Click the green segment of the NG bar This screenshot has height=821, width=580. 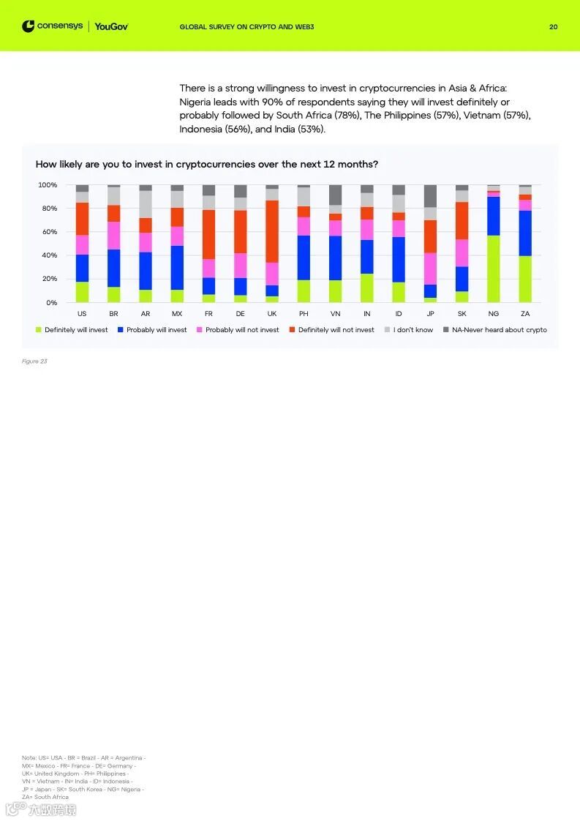point(494,269)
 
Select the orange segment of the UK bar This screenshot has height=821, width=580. point(272,231)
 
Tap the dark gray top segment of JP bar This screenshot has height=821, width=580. point(430,195)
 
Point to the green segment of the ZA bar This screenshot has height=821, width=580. point(525,279)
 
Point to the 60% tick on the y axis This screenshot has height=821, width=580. point(48,232)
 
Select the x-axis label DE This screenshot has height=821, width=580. point(240,314)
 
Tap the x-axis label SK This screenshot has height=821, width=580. point(462,314)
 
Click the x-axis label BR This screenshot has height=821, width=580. point(113,314)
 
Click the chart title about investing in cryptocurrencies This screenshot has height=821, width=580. point(207,164)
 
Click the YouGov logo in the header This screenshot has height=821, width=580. point(111,27)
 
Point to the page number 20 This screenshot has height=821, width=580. point(553,27)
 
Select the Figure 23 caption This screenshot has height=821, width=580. point(34,361)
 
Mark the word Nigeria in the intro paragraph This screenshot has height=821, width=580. point(196,102)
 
